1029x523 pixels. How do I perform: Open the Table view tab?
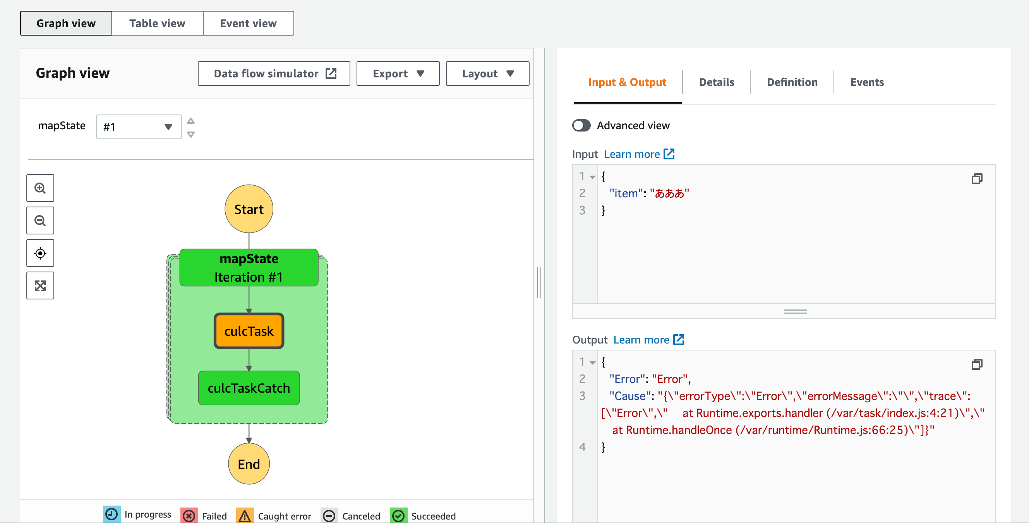[158, 23]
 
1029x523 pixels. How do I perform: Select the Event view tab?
[248, 23]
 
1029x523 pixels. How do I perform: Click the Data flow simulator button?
[274, 73]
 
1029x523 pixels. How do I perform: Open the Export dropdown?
[398, 73]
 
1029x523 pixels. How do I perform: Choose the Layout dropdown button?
[487, 73]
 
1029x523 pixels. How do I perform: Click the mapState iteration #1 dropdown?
[139, 127]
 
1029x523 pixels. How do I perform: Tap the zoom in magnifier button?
[40, 188]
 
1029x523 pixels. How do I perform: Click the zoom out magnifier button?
[40, 220]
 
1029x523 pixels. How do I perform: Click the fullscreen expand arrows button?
[40, 285]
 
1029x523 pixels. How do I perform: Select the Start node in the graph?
[249, 209]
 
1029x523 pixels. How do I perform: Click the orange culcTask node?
[249, 331]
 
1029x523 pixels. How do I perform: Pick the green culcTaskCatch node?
[249, 388]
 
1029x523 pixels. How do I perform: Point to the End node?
[249, 464]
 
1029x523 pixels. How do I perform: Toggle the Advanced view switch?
[581, 125]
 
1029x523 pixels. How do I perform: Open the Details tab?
[716, 82]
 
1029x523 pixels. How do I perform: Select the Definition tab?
[792, 82]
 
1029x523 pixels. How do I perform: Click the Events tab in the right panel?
[867, 82]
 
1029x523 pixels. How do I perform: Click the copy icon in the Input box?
[977, 179]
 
